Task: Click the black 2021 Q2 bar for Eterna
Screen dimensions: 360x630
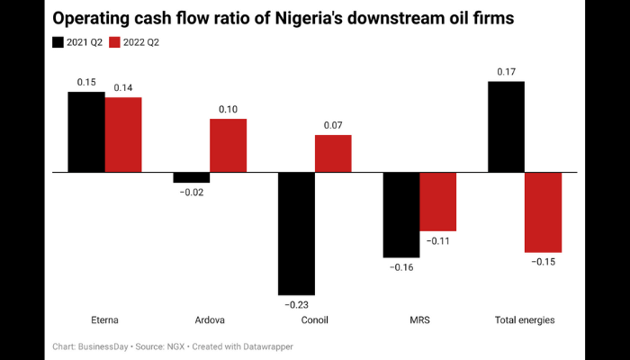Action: [86, 131]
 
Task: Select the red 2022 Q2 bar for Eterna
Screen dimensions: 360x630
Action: [123, 134]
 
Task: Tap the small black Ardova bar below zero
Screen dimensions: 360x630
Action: [191, 177]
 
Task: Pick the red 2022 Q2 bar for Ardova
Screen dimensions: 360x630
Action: [228, 145]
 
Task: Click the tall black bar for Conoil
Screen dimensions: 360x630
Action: [296, 233]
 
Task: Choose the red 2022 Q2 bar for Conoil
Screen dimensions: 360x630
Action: [333, 153]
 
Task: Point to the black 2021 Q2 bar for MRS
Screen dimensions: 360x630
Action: [401, 214]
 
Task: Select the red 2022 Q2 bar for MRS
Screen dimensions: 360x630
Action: [438, 202]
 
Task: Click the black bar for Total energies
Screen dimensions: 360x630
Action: [506, 126]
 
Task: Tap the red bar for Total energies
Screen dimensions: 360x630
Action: [543, 211]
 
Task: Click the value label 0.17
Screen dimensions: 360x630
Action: [506, 71]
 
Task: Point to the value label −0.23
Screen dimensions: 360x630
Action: [296, 304]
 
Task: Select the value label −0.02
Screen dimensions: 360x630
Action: [191, 193]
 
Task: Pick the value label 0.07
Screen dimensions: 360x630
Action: [333, 125]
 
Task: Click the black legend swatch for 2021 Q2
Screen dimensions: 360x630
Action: [58, 42]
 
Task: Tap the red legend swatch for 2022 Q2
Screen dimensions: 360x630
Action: [114, 42]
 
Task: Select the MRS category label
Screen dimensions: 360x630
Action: [419, 320]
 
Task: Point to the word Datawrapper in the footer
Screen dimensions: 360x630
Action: [266, 346]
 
